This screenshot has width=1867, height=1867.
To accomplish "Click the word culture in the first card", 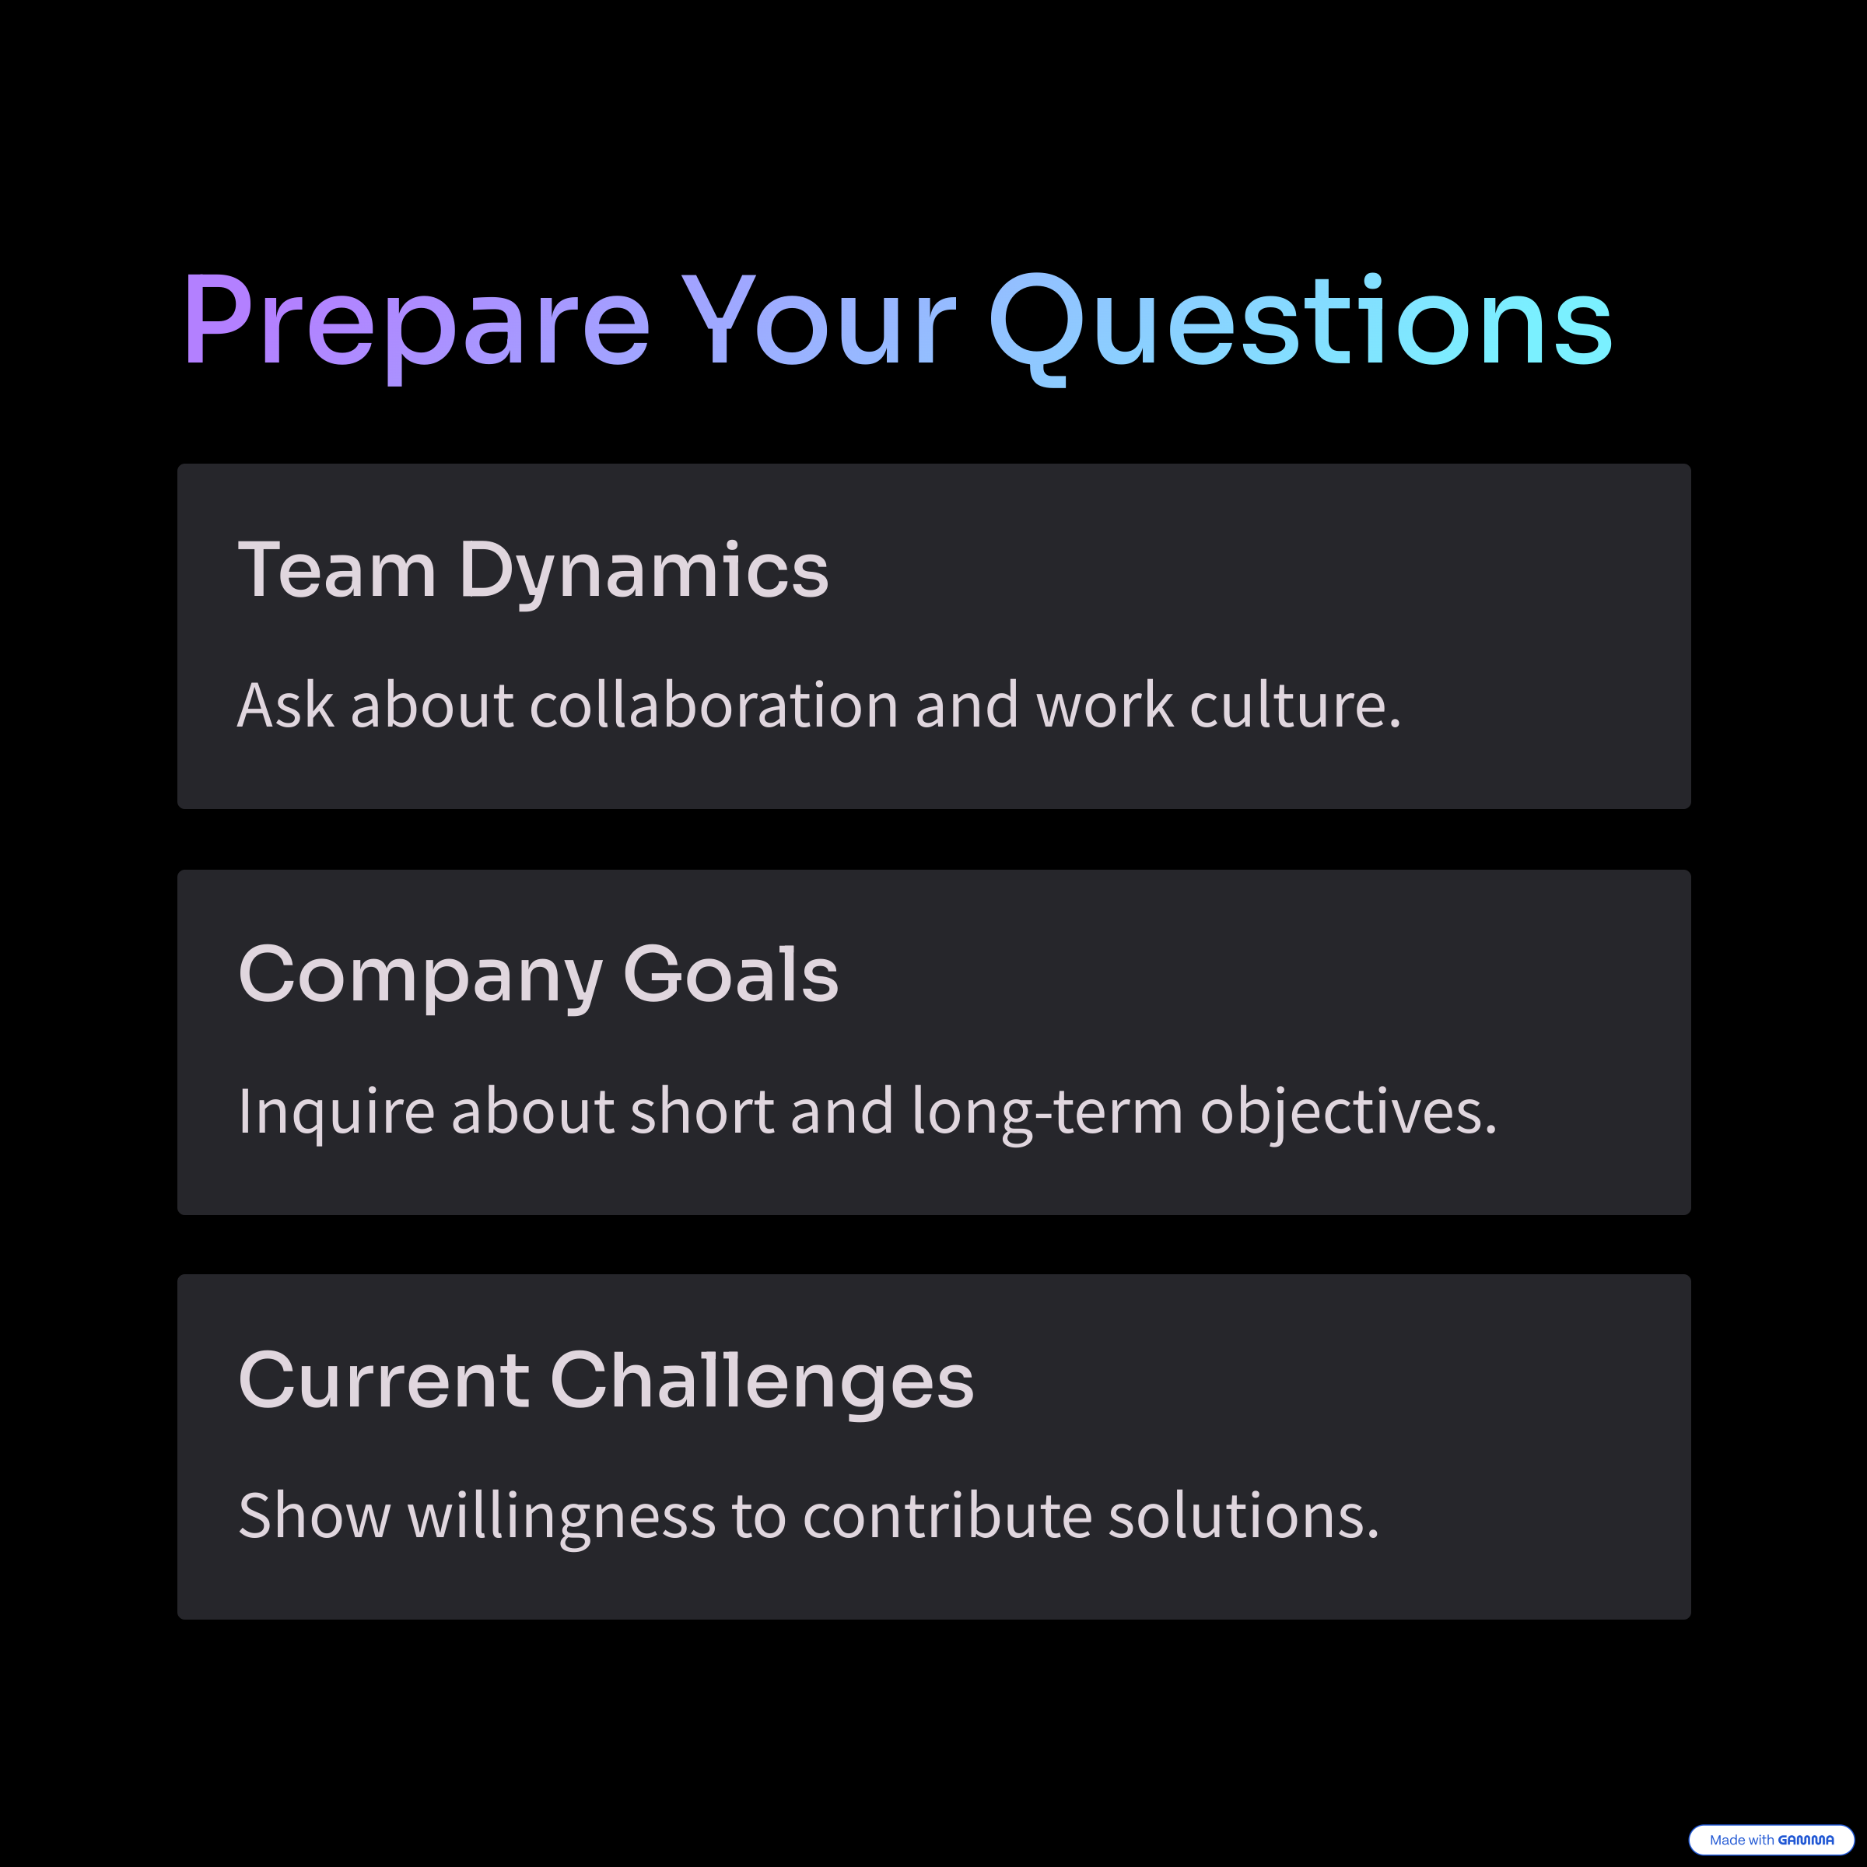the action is pos(1295,705).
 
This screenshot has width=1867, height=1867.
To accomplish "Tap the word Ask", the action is pos(285,705).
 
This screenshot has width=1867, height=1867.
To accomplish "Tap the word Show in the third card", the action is pos(314,1515).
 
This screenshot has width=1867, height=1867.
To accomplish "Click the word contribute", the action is pos(947,1515).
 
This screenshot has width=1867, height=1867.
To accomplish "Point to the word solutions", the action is pos(1244,1515).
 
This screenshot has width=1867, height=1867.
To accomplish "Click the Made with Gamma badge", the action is pos(1771,1840).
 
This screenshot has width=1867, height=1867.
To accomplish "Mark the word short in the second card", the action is pos(702,1112).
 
